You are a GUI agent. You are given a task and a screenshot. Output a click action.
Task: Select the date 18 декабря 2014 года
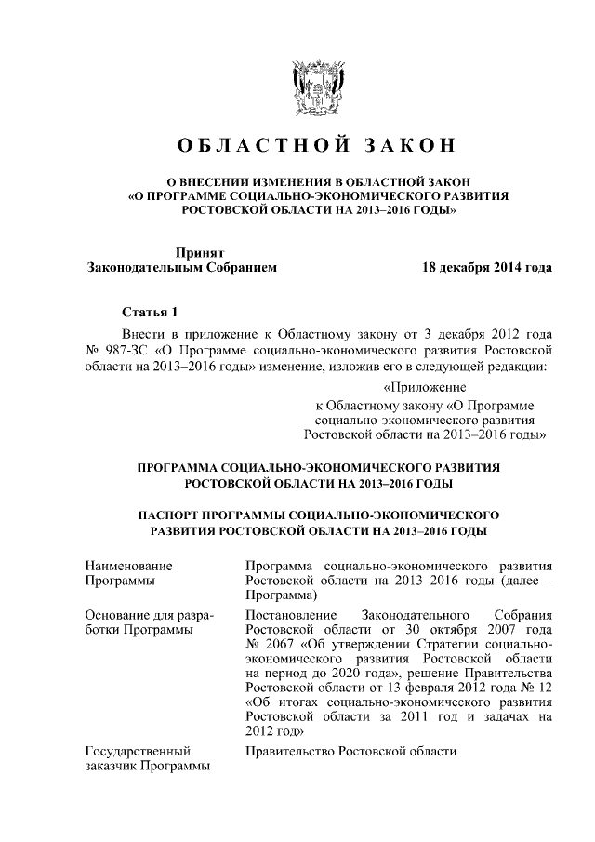tap(487, 268)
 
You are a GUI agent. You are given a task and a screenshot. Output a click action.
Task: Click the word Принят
tap(200, 252)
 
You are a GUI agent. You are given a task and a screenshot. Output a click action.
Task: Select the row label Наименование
tap(128, 565)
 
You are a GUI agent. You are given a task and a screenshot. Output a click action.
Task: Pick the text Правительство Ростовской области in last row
tap(351, 751)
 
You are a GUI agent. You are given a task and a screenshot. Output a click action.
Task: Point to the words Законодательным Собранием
tap(181, 268)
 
